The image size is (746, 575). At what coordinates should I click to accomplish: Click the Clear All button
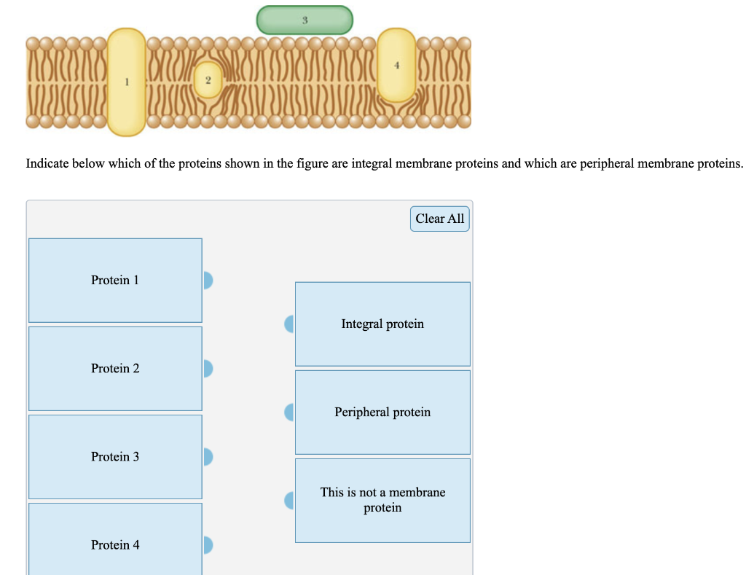coord(439,219)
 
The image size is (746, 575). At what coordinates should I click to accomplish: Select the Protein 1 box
coord(115,281)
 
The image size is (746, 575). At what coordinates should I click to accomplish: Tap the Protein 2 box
coord(115,369)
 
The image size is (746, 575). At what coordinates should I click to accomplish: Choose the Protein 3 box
coord(115,457)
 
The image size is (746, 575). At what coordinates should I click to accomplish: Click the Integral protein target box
coord(382,324)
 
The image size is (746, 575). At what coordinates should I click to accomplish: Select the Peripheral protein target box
coord(382,412)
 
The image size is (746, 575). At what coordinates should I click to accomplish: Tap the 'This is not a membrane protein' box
coord(382,500)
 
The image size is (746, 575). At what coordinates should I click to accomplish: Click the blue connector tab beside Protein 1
coord(208,281)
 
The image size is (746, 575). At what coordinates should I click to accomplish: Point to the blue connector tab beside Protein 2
coord(208,369)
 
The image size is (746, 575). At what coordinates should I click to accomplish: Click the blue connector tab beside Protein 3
coord(208,457)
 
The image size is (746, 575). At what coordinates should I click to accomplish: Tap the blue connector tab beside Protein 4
coord(208,545)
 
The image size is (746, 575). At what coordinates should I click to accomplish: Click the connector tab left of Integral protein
coord(289,324)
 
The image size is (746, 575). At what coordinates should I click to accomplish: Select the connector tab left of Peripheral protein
coord(289,412)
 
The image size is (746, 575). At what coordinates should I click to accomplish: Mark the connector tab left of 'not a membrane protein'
coord(289,501)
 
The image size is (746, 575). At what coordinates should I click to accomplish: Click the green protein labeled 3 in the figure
coord(305,20)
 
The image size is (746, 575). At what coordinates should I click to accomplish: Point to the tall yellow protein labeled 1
coord(126,82)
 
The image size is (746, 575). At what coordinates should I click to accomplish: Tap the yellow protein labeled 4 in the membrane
coord(397,66)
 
